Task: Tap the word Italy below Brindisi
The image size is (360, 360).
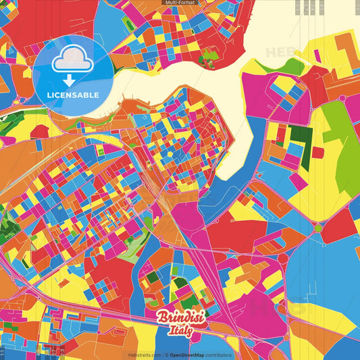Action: coord(181,332)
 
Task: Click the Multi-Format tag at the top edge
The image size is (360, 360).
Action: coord(180,3)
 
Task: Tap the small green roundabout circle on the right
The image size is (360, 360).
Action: coord(317,229)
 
